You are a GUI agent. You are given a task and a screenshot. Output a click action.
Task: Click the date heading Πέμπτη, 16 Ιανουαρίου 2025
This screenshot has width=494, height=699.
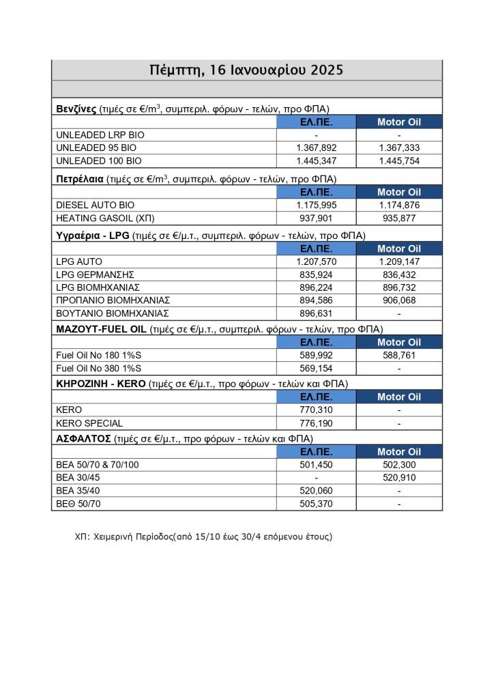246,70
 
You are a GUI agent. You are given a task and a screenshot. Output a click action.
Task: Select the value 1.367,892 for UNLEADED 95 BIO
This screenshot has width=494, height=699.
316,148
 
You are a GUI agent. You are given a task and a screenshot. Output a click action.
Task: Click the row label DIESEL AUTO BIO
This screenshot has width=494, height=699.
96,205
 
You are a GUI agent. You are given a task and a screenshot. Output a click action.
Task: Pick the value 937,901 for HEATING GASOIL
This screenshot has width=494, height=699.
316,218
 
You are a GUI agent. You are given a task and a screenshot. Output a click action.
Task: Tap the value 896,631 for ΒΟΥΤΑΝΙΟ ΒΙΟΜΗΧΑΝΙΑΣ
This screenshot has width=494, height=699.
316,313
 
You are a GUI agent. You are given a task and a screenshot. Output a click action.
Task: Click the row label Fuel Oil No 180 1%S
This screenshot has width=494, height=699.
100,355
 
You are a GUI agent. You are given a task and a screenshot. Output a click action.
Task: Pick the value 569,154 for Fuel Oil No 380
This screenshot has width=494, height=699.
316,369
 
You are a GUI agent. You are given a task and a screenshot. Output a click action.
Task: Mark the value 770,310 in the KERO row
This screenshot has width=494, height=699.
316,410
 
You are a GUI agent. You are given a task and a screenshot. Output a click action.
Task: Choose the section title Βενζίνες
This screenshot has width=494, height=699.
76,109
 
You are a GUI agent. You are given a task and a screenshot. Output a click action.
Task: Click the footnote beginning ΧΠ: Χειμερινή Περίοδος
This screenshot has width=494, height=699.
203,537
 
